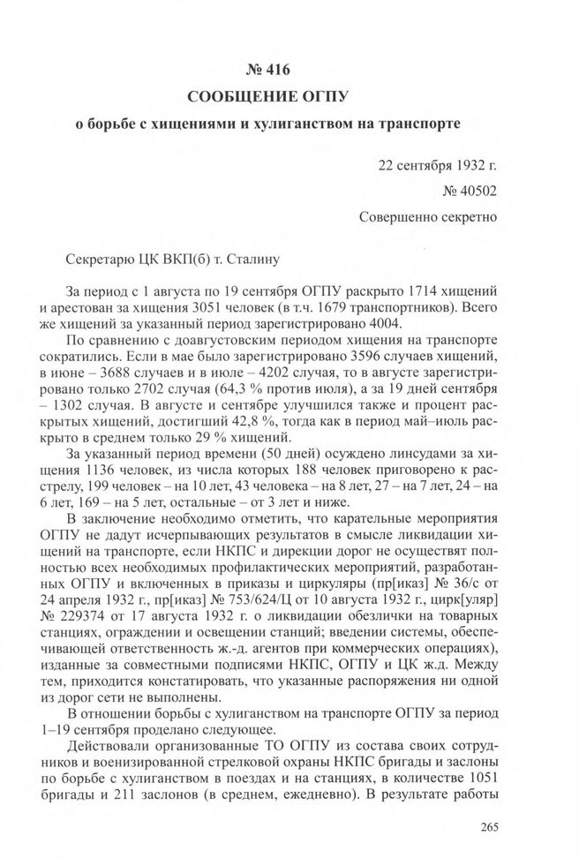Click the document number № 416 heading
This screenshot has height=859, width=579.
289,67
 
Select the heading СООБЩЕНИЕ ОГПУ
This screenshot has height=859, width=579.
289,94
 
